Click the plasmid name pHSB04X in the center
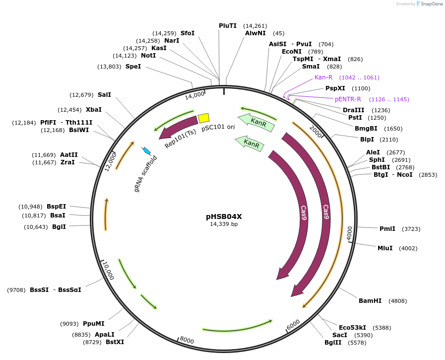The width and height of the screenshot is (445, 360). click(x=224, y=216)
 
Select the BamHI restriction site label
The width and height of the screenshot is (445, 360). click(x=370, y=301)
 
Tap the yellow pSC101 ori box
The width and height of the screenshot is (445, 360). click(x=203, y=118)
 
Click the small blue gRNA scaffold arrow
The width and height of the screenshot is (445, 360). click(x=146, y=150)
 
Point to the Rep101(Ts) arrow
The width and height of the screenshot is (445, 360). click(x=178, y=128)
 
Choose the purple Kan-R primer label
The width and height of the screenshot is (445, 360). click(x=323, y=77)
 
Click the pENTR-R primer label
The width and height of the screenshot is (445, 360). click(x=348, y=99)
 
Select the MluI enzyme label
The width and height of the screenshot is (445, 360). click(x=384, y=248)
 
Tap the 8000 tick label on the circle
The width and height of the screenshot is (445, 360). click(x=187, y=340)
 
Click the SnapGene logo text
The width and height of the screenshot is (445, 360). click(x=431, y=4)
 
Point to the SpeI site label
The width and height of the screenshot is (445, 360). click(x=133, y=67)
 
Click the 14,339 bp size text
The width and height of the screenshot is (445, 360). click(x=224, y=224)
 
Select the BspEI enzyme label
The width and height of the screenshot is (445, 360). click(x=56, y=207)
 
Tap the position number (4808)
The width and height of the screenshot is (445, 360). click(x=399, y=301)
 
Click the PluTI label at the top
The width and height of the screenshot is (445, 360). click(x=228, y=26)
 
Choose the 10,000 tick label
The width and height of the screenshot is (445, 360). click(x=109, y=271)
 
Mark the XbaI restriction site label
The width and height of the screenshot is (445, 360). click(x=93, y=110)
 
